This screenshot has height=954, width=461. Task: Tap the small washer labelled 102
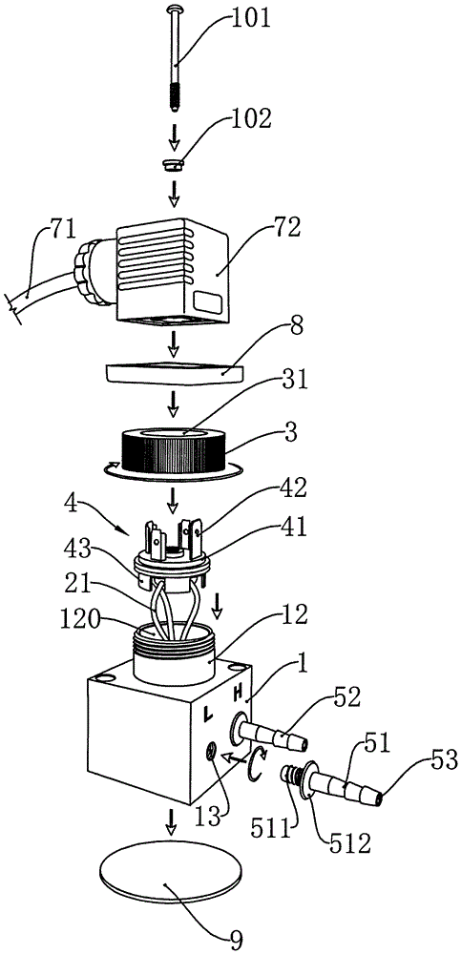click(174, 164)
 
